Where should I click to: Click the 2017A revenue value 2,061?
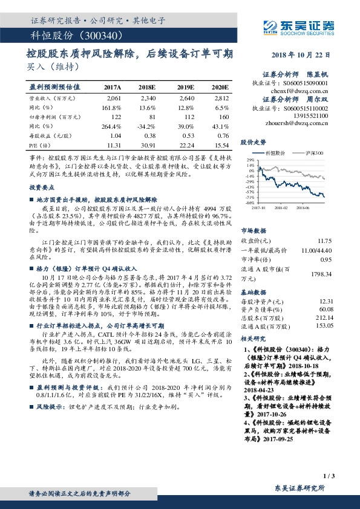click(x=114, y=97)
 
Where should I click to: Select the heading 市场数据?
click(x=254, y=230)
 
